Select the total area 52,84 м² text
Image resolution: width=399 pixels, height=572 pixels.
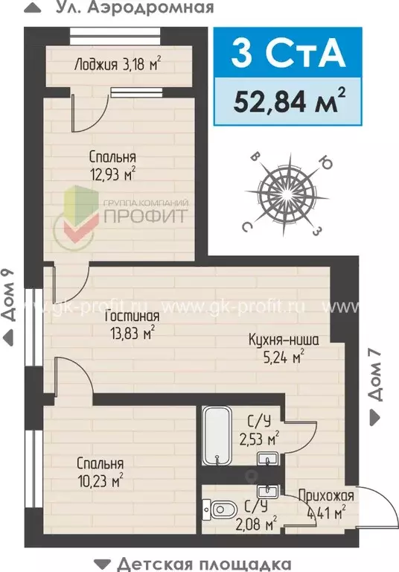tap(287, 100)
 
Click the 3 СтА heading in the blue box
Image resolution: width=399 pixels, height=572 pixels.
tap(287, 54)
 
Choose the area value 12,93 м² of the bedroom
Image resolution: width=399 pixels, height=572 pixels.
tap(112, 175)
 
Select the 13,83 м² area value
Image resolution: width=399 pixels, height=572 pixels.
tap(130, 332)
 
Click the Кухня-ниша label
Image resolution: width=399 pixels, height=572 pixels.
tap(284, 340)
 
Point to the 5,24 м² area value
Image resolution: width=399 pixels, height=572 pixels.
tap(284, 357)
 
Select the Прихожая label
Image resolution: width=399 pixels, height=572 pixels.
tap(325, 496)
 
